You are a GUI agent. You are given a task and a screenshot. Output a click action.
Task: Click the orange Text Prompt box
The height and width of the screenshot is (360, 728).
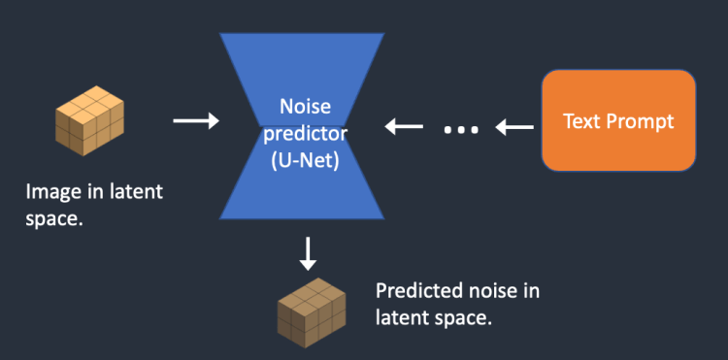point(618,122)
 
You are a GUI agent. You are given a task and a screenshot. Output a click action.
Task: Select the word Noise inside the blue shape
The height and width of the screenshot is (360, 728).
point(307,108)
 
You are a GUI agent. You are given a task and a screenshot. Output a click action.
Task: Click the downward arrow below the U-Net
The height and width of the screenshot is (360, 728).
point(308,253)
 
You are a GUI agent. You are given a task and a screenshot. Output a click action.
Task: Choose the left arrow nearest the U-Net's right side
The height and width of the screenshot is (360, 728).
point(405,127)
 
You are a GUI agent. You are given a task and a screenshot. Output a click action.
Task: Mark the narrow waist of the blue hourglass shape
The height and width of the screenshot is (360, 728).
point(308,136)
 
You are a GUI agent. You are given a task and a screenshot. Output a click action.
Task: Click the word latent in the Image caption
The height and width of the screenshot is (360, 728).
point(137,192)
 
